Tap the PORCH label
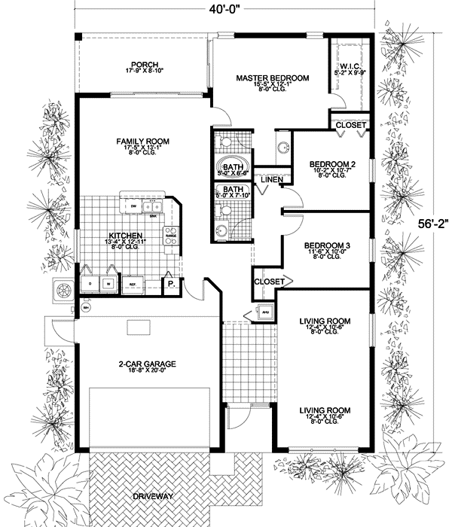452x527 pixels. pos(143,65)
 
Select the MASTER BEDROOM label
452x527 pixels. pos(272,78)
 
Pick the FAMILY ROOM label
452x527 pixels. pos(142,142)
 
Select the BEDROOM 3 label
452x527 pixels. pos(326,245)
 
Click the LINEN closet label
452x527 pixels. pos(272,180)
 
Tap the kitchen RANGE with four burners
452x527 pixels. pos(171,234)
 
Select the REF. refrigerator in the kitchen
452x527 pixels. pos(130,285)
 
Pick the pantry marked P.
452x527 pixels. pos(171,285)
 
